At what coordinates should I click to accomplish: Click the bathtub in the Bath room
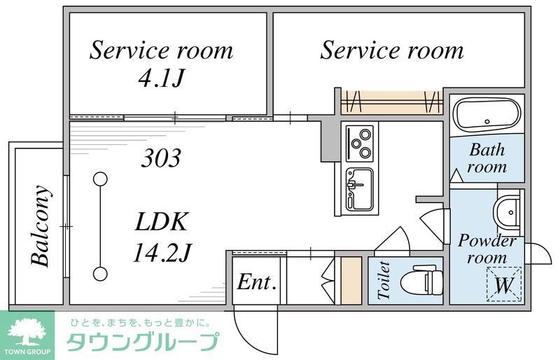pos(486,114)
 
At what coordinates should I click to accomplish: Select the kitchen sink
pos(360,187)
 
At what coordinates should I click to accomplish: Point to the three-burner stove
pos(360,142)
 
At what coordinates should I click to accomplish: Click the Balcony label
pos(41,226)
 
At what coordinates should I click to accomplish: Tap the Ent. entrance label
pos(257,282)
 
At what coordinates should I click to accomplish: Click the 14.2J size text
pos(162,251)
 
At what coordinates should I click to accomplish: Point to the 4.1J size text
pos(160,78)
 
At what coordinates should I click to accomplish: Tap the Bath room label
pos(487,158)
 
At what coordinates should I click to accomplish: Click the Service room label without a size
pos(392,50)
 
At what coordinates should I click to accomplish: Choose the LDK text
pos(162,223)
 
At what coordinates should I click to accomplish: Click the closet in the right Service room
pos(392,102)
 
